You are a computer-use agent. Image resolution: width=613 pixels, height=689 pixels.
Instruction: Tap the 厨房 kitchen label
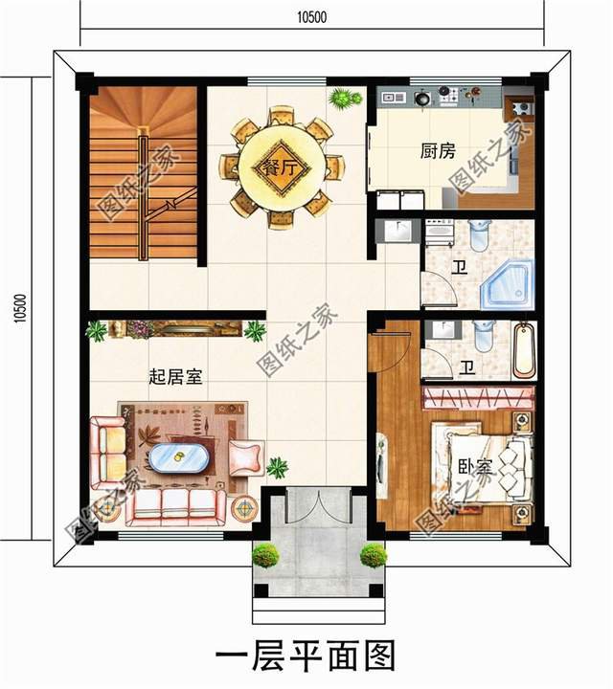(438, 151)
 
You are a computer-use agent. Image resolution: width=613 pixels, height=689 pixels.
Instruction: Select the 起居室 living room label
(175, 377)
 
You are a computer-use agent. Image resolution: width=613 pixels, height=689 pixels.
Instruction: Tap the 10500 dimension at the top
(311, 17)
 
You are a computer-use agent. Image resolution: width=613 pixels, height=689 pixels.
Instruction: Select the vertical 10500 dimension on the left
(20, 308)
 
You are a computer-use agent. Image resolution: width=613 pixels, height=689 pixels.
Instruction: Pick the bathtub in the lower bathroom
(525, 350)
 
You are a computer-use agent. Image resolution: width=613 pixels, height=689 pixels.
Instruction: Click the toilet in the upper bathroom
(478, 235)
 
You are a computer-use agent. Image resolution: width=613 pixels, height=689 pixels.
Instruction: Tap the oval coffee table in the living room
(178, 457)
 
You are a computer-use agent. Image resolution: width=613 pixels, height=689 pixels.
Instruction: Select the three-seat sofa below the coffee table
(176, 507)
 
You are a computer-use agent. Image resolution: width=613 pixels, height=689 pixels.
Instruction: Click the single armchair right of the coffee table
(247, 458)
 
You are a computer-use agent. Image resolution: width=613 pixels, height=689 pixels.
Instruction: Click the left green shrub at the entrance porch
(265, 556)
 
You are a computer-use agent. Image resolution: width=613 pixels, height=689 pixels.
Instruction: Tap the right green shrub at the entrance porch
(374, 555)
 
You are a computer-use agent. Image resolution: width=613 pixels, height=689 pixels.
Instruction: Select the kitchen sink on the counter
(393, 97)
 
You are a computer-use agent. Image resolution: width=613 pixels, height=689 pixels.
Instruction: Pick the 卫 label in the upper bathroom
(460, 268)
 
